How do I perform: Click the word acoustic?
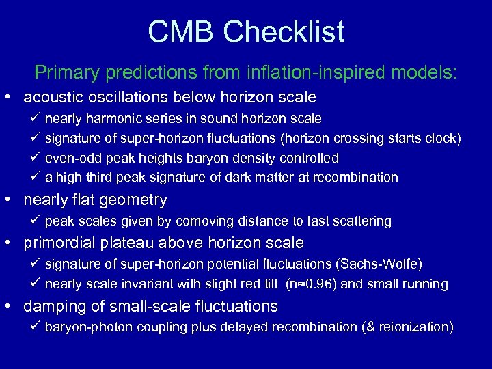55,97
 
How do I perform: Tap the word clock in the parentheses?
441,139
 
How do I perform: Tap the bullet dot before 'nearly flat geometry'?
12,201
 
